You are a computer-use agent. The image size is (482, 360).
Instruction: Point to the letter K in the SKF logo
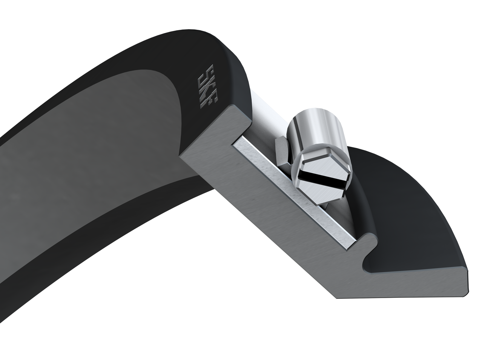click(x=205, y=88)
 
